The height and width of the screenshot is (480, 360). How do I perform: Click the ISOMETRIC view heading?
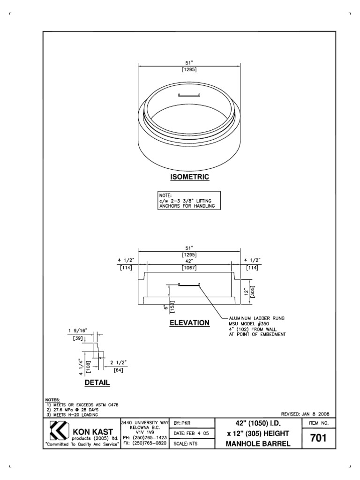[189, 177]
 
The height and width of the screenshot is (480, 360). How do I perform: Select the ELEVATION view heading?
[189, 323]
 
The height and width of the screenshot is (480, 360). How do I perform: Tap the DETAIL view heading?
[97, 382]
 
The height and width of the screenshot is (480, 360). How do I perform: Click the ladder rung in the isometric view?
[189, 96]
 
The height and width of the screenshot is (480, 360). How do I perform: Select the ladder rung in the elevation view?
[189, 284]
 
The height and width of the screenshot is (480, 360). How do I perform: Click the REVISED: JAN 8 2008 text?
[305, 414]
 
